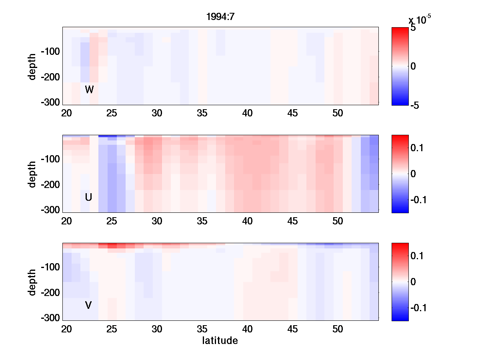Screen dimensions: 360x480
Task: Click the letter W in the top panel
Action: pyautogui.click(x=89, y=90)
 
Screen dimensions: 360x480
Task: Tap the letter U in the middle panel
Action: pyautogui.click(x=89, y=197)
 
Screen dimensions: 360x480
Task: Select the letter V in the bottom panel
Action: pyautogui.click(x=88, y=306)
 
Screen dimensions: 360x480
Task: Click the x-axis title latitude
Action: pyautogui.click(x=220, y=341)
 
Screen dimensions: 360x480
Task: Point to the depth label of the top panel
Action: pyautogui.click(x=32, y=66)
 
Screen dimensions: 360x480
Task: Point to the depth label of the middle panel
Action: pyautogui.click(x=32, y=174)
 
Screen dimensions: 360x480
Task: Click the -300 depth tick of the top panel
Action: pyautogui.click(x=50, y=102)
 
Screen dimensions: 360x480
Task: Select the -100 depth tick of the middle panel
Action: pyautogui.click(x=50, y=159)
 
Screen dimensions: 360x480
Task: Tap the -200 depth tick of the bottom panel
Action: pyautogui.click(x=50, y=293)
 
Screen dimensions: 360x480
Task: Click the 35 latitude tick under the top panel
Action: pyautogui.click(x=202, y=114)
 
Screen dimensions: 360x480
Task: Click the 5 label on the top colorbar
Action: pyautogui.click(x=413, y=28)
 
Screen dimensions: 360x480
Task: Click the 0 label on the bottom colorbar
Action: pyautogui.click(x=413, y=282)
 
